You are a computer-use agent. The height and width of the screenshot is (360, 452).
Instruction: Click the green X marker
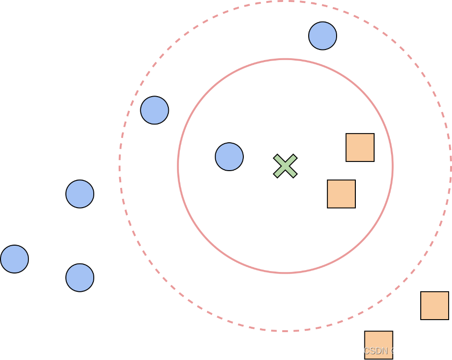(285, 166)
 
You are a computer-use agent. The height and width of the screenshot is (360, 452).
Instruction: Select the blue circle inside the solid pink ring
(229, 157)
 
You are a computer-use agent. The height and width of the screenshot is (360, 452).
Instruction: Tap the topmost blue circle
(322, 36)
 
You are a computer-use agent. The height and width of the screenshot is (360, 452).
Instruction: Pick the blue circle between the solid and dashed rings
(154, 110)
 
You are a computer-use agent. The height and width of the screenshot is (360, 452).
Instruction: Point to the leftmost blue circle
(14, 259)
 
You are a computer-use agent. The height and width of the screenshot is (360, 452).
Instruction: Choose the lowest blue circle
(80, 277)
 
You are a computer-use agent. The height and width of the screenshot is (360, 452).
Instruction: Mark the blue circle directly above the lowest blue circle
(80, 194)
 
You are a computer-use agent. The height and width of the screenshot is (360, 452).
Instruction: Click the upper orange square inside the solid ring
(360, 148)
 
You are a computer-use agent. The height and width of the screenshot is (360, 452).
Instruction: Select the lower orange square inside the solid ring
(341, 194)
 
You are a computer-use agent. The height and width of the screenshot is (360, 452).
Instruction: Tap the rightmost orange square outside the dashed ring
(434, 305)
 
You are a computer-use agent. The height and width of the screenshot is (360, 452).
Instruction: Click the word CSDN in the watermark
(376, 351)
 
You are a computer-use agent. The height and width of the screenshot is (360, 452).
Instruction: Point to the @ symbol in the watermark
(394, 351)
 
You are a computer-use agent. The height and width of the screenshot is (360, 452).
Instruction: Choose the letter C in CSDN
(367, 351)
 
